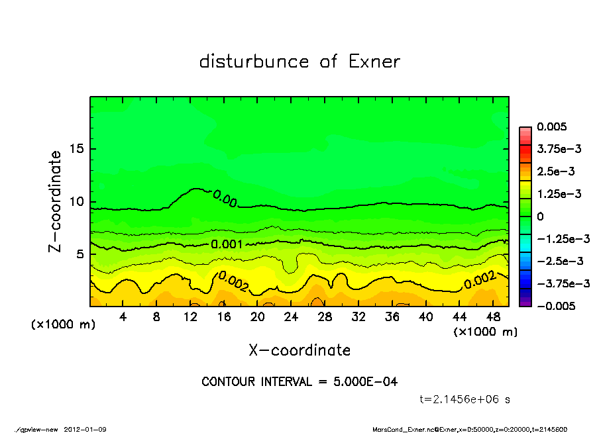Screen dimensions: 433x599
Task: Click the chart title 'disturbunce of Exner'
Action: point(299,62)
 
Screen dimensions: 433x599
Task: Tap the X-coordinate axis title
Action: point(299,350)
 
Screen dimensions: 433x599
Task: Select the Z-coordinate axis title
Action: point(55,201)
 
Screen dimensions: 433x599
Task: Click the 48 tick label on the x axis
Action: point(494,316)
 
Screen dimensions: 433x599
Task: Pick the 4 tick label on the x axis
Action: point(123,316)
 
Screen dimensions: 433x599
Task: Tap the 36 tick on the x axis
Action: point(392,316)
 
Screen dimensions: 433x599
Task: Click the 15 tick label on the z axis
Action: point(77,149)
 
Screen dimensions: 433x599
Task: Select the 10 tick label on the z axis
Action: point(77,201)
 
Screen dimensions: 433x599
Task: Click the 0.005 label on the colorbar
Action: point(553,126)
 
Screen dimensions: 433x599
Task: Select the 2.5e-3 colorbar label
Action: point(555,171)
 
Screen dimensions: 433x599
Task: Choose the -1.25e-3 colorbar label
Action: point(560,238)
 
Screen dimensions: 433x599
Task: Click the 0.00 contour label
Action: point(225,197)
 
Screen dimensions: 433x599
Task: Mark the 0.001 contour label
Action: point(227,244)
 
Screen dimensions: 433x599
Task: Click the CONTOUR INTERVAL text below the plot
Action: point(299,382)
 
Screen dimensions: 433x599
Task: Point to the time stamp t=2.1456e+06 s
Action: point(465,399)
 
